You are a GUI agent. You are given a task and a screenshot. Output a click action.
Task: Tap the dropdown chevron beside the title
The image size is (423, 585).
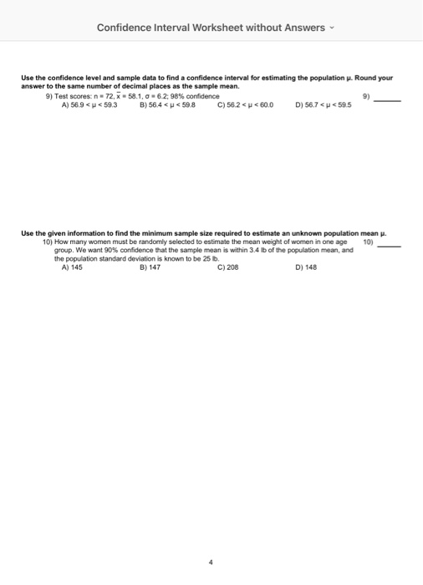331,28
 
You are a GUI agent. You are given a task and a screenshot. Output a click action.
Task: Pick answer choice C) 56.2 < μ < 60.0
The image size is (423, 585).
244,106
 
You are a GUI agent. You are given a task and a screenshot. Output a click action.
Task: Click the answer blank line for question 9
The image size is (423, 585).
388,100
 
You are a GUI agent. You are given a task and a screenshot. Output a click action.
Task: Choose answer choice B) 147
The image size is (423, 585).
150,267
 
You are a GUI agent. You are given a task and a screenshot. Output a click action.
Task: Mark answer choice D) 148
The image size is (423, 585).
307,267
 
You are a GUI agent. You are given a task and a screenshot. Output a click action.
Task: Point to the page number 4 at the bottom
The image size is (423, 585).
211,562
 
